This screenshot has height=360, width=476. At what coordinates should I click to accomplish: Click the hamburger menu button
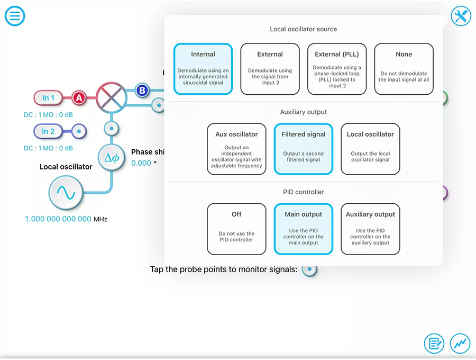[x=15, y=16]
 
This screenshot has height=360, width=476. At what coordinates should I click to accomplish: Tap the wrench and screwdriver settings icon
[x=461, y=16]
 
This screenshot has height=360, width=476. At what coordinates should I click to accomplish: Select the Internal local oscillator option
[x=203, y=69]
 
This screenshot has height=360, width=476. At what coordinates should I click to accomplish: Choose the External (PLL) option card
[x=337, y=69]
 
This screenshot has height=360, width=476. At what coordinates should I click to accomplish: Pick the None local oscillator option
[x=404, y=69]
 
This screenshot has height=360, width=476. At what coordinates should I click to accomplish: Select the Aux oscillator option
[x=236, y=149]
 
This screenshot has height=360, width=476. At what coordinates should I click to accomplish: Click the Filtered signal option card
[x=304, y=149]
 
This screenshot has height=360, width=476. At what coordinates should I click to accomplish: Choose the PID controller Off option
[x=236, y=229]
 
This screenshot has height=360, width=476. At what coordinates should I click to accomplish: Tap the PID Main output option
[x=304, y=229]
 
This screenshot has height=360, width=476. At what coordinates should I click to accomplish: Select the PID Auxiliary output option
[x=370, y=229]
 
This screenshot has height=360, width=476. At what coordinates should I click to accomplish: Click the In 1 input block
[x=48, y=98]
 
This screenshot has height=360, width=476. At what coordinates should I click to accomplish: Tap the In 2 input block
[x=48, y=131]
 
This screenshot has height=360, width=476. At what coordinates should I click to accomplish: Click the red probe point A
[x=79, y=98]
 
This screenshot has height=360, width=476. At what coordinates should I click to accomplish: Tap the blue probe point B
[x=142, y=90]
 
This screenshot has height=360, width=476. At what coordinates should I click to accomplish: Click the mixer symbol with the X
[x=112, y=98]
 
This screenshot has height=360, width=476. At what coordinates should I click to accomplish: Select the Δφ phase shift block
[x=112, y=158]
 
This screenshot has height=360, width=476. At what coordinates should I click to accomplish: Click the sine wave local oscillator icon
[x=66, y=193]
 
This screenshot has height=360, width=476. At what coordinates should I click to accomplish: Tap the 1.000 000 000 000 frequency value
[x=58, y=219]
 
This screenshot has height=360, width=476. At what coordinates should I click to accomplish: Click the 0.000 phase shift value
[x=141, y=163]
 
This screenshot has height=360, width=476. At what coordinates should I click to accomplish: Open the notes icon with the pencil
[x=434, y=344]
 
